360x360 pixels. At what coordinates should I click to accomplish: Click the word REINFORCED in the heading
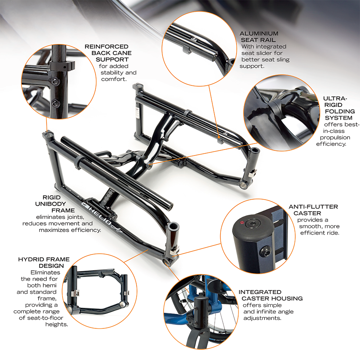tap(106, 46)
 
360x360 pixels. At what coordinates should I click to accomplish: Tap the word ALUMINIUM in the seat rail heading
tap(259, 33)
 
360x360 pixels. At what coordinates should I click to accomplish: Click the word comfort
tap(114, 79)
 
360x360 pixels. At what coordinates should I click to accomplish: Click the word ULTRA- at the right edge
tap(335, 98)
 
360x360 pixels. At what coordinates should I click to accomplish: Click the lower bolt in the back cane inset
tap(55, 104)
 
